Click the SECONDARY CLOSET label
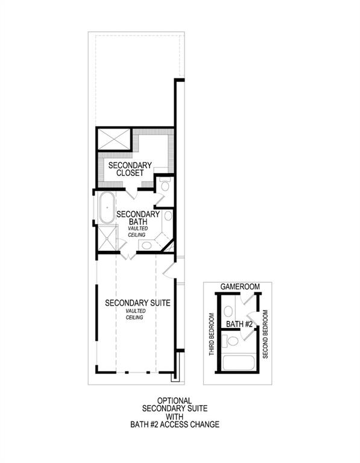[x=125, y=168]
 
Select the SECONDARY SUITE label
[x=136, y=303]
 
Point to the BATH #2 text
[x=239, y=324]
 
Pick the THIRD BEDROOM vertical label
[x=212, y=333]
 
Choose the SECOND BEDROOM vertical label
[x=266, y=333]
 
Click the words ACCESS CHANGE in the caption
[x=191, y=424]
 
